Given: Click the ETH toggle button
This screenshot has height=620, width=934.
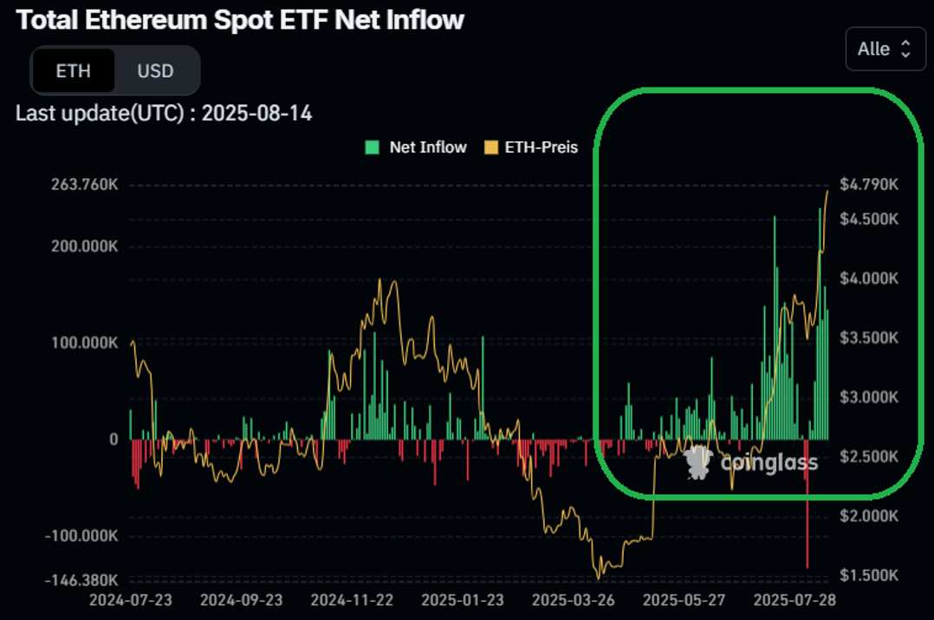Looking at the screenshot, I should [73, 70].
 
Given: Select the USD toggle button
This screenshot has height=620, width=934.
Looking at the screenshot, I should [155, 70].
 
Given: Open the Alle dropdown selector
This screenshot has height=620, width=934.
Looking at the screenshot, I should [885, 49].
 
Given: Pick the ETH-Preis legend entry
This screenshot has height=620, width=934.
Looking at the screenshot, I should [535, 147].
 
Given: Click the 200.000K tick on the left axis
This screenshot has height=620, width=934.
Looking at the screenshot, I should [78, 246].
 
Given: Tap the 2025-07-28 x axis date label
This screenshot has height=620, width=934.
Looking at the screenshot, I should [794, 600].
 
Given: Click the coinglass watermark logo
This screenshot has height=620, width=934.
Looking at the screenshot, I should [750, 463].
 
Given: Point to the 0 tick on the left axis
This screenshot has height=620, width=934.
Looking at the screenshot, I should [113, 439].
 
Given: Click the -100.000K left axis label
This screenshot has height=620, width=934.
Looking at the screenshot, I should [77, 535].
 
